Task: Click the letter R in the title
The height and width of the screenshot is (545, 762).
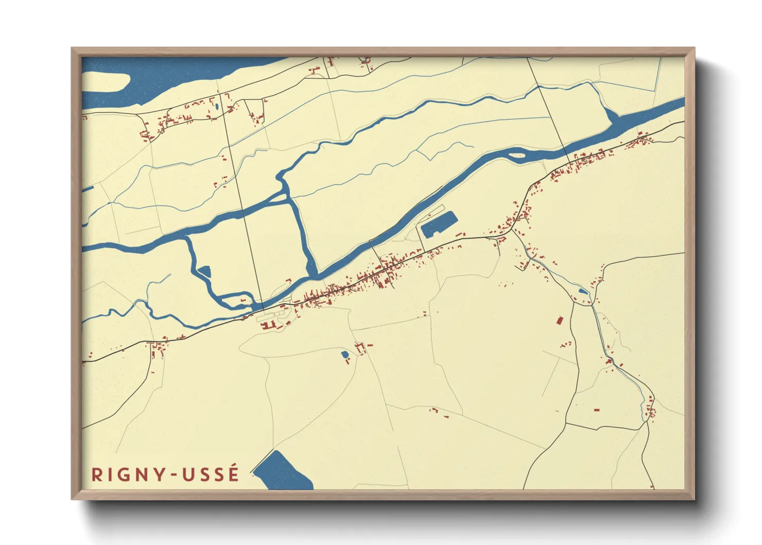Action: click(x=96, y=474)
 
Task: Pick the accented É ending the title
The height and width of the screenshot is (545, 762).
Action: click(x=234, y=473)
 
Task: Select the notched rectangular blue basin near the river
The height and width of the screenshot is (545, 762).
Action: click(x=438, y=224)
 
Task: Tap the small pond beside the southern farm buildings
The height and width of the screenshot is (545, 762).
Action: click(x=344, y=354)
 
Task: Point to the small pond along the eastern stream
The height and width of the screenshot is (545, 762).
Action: click(x=583, y=291)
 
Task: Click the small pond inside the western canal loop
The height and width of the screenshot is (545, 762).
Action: click(x=204, y=271)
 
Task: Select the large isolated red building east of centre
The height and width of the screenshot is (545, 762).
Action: click(x=559, y=320)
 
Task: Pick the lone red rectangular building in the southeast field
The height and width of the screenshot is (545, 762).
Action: click(x=597, y=410)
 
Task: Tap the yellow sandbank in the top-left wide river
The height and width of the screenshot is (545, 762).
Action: click(x=105, y=82)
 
